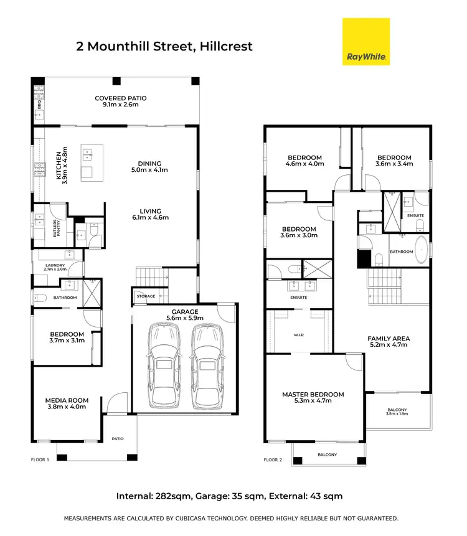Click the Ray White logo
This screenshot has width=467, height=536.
[x=366, y=41]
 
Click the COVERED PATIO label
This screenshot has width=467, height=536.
[x=121, y=98]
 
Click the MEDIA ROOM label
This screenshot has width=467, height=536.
[x=67, y=400]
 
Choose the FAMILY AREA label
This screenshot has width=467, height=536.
[x=388, y=339]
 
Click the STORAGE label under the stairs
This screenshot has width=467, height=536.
[x=146, y=296]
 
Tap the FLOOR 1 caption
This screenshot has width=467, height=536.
[x=40, y=460]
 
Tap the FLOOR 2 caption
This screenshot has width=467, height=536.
[x=273, y=460]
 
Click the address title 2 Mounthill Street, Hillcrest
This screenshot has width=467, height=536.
[x=164, y=46]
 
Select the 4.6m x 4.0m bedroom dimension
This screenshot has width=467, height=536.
[x=304, y=164]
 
